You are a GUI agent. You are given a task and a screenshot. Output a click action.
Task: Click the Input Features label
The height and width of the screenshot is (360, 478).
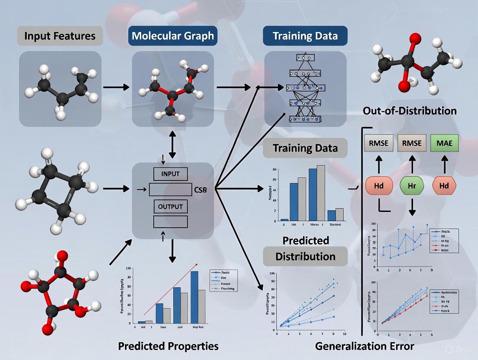(x=60, y=35)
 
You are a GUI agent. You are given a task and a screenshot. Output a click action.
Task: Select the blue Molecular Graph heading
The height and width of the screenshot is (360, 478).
(x=173, y=35)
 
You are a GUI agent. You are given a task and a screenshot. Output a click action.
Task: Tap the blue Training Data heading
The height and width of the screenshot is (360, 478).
(x=305, y=35)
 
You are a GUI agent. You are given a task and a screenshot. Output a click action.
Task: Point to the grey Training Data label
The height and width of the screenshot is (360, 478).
(x=305, y=148)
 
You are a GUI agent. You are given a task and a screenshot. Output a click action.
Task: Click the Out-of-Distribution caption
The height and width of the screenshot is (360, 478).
(x=410, y=111)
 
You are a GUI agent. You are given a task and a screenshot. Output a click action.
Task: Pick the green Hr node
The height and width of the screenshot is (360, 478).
(x=412, y=186)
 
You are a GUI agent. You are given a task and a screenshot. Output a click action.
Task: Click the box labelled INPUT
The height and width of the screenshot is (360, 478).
(x=170, y=174)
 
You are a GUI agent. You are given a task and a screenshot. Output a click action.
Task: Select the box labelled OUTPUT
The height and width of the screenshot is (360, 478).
(x=170, y=206)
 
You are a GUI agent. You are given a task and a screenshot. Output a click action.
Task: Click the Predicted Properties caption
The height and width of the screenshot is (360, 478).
(x=169, y=346)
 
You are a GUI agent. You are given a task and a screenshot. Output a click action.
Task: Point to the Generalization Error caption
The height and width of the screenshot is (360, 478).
(x=365, y=346)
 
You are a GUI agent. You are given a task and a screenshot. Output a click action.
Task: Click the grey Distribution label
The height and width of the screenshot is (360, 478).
(x=305, y=256)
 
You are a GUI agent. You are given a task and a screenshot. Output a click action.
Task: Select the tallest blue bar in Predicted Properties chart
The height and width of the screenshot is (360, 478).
(x=194, y=297)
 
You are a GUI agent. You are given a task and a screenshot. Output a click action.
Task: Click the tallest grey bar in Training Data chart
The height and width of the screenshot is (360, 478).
(x=333, y=193)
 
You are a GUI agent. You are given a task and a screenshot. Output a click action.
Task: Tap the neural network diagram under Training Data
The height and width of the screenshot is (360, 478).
(x=305, y=89)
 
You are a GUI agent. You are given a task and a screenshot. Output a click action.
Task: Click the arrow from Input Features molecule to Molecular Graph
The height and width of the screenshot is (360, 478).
(x=116, y=87)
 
